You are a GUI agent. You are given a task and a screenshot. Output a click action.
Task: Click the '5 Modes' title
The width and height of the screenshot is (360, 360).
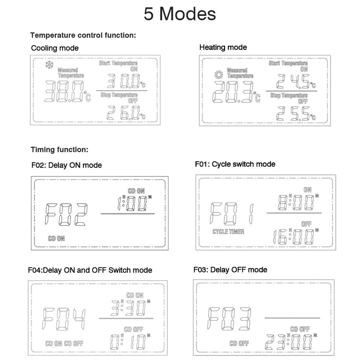tap(180, 14)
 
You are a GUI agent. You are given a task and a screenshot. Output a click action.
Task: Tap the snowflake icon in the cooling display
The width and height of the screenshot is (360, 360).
tap(49, 65)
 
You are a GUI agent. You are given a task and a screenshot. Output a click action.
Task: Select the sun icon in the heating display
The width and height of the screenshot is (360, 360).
tap(219, 75)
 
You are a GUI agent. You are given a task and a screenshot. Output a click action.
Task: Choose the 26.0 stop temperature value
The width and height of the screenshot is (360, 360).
tap(123, 113)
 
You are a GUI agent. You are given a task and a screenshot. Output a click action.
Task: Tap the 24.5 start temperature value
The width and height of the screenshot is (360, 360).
tap(293, 81)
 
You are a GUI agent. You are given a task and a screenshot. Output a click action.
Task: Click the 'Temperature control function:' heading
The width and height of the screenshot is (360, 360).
tap(83, 35)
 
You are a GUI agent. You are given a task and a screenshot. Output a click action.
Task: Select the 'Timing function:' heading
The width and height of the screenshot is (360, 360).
tap(59, 150)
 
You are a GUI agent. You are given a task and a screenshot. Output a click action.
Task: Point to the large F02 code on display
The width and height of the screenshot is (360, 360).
tap(66, 214)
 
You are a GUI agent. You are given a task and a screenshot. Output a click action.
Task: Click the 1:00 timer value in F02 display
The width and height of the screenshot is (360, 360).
tap(132, 203)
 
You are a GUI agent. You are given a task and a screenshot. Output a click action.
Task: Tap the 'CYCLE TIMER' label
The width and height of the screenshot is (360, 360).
tap(228, 231)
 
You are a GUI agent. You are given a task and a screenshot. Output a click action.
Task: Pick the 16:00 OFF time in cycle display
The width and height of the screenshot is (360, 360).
tap(293, 237)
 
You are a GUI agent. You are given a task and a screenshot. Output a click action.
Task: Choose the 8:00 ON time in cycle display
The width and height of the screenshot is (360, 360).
tap(296, 202)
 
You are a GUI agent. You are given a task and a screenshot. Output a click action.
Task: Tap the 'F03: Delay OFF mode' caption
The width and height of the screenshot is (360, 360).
tap(230, 270)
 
